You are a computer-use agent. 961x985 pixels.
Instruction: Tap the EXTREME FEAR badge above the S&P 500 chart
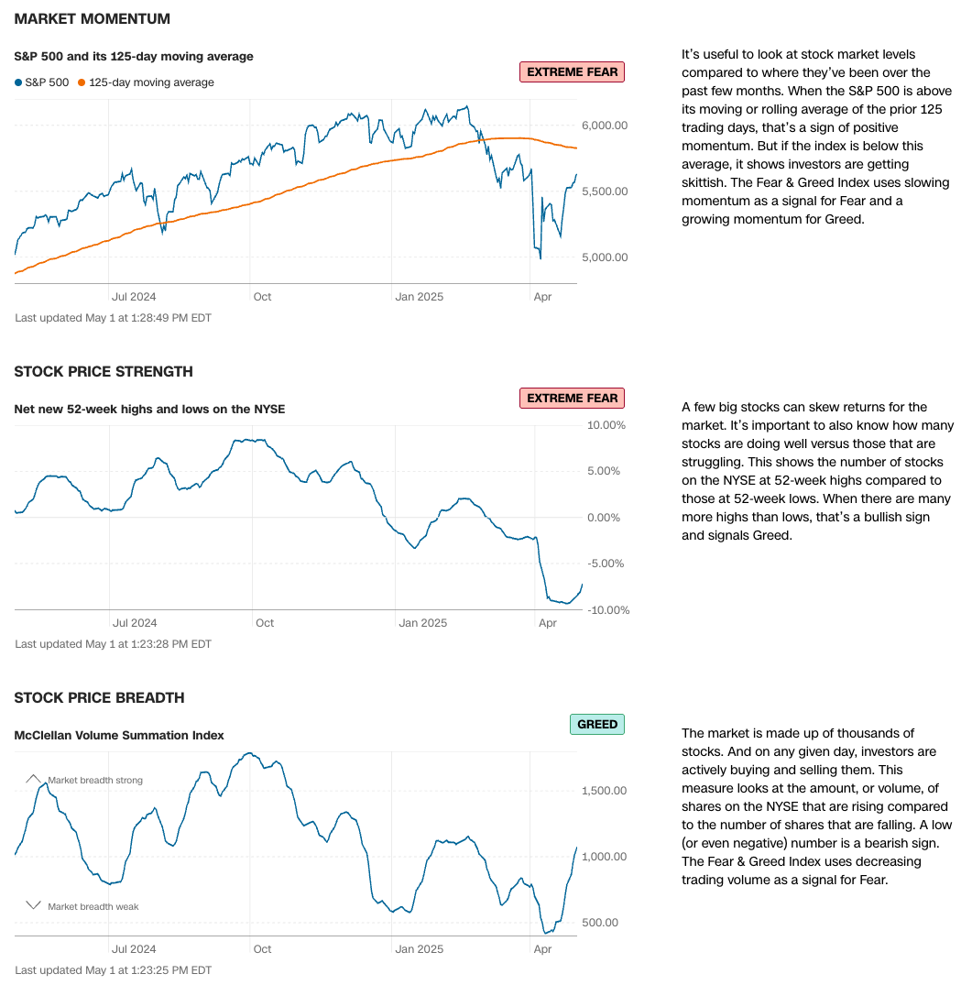(572, 71)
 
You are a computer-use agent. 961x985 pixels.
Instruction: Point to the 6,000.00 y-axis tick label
(605, 126)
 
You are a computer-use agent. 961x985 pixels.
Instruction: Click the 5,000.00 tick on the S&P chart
(605, 257)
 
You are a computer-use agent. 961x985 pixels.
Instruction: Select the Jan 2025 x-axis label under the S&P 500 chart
(417, 296)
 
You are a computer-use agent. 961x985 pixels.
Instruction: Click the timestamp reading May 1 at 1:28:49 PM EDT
(114, 318)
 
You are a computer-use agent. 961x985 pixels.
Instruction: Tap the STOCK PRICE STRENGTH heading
(104, 371)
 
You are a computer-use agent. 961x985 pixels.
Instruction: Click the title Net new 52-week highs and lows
(149, 409)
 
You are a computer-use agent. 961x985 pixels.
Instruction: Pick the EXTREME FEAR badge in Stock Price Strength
(572, 398)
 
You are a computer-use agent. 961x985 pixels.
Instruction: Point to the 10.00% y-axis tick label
(606, 425)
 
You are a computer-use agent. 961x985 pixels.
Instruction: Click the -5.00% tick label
(606, 564)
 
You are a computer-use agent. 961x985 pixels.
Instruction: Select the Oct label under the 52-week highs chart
(264, 623)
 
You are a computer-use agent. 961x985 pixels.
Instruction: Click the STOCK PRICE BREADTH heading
(99, 697)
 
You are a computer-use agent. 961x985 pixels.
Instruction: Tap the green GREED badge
(597, 724)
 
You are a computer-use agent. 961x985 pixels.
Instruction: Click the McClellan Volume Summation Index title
(119, 735)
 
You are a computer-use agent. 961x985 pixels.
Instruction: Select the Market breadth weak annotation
(93, 906)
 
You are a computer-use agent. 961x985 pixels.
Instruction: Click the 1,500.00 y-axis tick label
(605, 791)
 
